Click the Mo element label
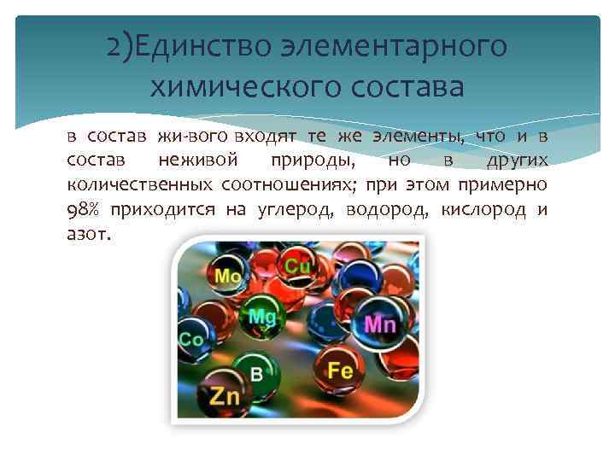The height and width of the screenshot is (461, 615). click(227, 277)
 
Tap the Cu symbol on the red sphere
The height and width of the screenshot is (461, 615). click(297, 266)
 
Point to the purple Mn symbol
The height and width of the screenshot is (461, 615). click(379, 324)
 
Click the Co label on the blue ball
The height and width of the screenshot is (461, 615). click(191, 340)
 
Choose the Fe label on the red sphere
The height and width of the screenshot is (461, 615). click(341, 371)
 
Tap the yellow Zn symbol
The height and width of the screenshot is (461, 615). click(225, 396)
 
